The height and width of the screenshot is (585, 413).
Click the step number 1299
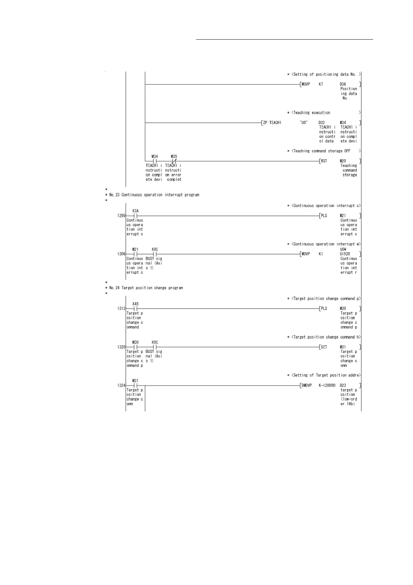tap(121, 216)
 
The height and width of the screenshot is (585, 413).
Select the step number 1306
tap(121, 254)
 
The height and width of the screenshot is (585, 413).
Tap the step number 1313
tap(121, 308)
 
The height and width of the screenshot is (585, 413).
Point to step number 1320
tap(121, 347)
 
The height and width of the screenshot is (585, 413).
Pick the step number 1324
tap(121, 385)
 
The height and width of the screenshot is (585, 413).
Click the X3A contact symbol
tap(136, 216)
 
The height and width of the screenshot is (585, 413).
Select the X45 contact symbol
tap(136, 308)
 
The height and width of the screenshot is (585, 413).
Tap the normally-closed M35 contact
tap(174, 161)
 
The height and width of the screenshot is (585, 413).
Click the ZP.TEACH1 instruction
tap(272, 123)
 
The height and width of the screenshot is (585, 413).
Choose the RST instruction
tap(324, 161)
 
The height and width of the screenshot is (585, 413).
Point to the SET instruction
tap(324, 347)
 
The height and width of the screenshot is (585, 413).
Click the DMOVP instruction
tap(307, 385)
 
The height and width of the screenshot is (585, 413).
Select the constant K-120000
tap(327, 385)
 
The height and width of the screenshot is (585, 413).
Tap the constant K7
tap(321, 84)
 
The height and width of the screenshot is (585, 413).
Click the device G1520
tap(345, 254)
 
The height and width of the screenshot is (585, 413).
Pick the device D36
tap(343, 84)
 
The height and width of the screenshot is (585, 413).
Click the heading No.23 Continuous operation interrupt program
tap(154, 195)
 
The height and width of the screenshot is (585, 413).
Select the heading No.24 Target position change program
tap(146, 288)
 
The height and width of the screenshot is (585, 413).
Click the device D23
tap(343, 385)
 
